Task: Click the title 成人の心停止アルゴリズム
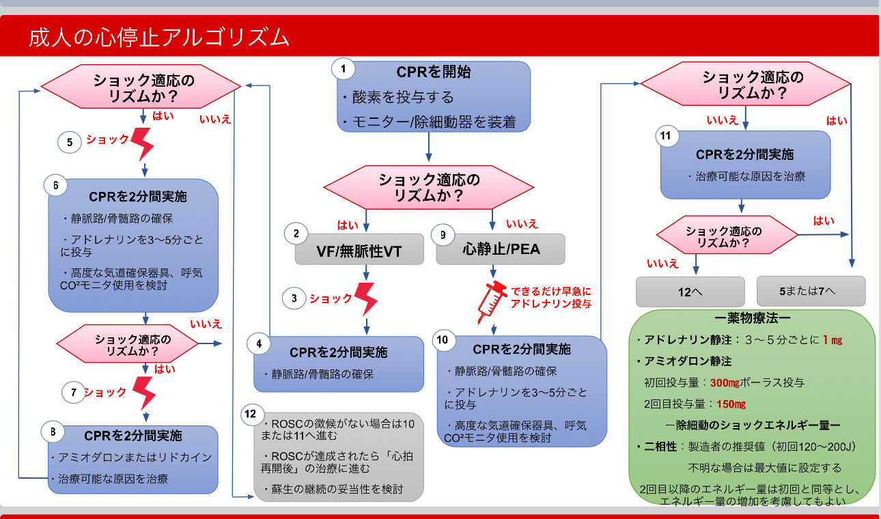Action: pos(158,38)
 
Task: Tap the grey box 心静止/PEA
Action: pos(501,249)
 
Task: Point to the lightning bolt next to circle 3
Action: pos(366,298)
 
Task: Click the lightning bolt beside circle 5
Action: pos(143,142)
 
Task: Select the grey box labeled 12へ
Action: pos(690,291)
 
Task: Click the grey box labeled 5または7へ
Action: pos(811,291)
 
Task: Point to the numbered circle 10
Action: pos(443,339)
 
